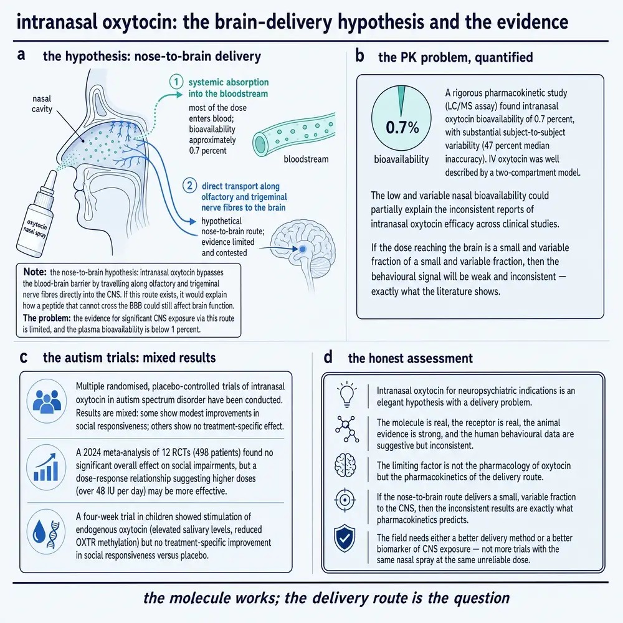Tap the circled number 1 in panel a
coord(176,82)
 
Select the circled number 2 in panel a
coord(189,186)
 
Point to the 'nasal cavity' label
coord(42,103)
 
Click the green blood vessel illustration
coord(294,134)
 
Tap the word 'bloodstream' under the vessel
coord(306,159)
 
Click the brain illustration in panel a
coord(303,250)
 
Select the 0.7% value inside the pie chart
coord(402,128)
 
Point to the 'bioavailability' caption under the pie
coord(401,159)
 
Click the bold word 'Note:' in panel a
coord(35,272)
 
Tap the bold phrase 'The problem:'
coord(47,318)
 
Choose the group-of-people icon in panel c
coord(47,401)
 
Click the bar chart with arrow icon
coord(47,467)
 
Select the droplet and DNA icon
coord(47,531)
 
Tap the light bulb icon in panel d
coord(346,394)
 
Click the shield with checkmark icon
coord(344,538)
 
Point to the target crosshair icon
coord(345,500)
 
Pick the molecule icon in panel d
coord(347,429)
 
